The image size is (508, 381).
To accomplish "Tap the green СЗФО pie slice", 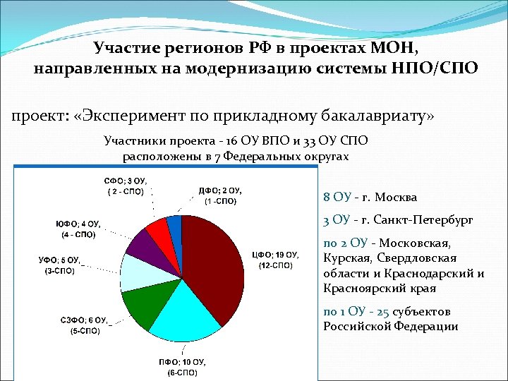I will tap(143, 305).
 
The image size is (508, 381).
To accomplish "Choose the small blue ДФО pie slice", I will tap(174, 224).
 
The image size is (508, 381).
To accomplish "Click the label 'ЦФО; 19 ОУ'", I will tap(276, 255).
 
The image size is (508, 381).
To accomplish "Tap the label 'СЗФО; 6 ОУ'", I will tap(84, 321).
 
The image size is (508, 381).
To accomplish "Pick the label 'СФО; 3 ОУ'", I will tap(126, 181).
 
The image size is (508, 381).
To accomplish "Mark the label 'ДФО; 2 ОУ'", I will tap(221, 190).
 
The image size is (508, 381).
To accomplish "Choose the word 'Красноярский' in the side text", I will tap(361, 289).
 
